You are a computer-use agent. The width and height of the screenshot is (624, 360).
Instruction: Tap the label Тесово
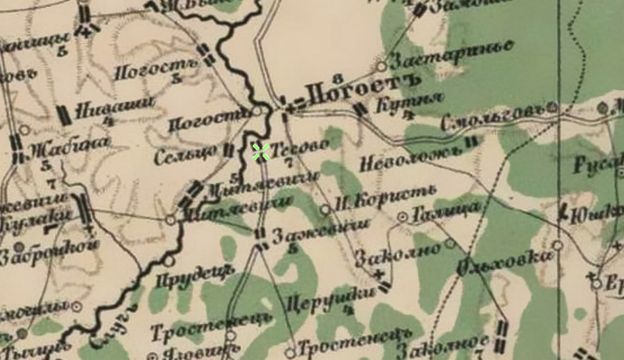click(301, 145)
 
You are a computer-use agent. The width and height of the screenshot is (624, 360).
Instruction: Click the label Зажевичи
click(320, 232)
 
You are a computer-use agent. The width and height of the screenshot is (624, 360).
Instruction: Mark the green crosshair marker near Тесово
click(261, 151)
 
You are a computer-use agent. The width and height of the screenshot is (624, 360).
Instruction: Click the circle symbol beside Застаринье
click(381, 65)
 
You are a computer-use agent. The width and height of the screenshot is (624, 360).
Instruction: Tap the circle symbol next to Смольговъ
click(552, 108)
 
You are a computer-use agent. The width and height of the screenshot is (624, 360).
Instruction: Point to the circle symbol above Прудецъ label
click(169, 260)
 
